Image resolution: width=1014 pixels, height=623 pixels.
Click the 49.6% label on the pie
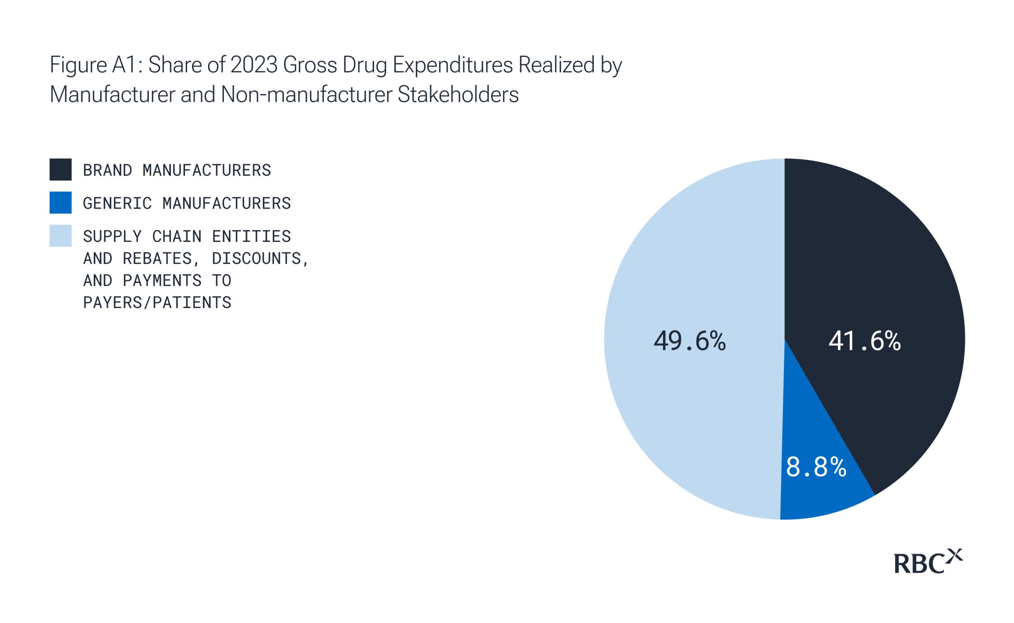point(690,341)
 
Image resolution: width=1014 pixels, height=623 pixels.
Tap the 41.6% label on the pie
point(864,341)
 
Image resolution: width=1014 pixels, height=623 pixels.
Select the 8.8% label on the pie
point(816,467)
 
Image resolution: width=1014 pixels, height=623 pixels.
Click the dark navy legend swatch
point(60,169)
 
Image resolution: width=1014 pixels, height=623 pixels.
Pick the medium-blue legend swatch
point(60,202)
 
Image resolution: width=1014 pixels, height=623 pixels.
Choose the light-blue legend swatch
point(60,235)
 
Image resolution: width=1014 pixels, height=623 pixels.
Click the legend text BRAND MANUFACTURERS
point(177,170)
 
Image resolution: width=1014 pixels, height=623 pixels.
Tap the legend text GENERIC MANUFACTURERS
point(187,203)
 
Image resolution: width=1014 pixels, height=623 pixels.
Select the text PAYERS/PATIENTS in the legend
point(157,303)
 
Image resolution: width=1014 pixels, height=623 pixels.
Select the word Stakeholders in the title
point(458,95)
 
